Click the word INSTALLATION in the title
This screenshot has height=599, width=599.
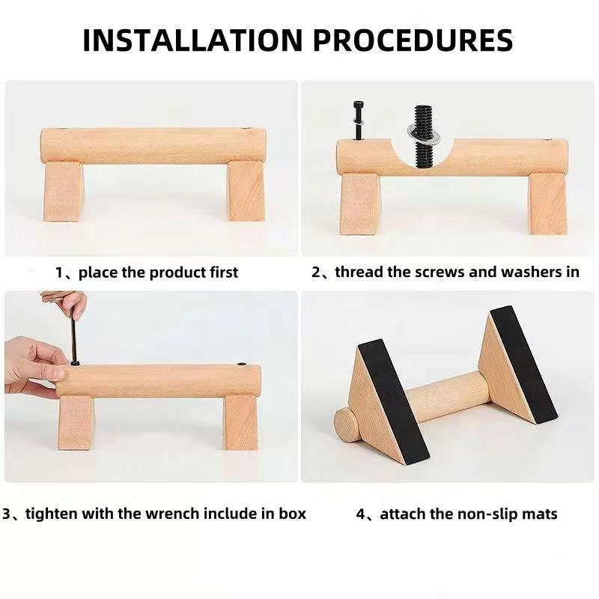click(x=192, y=40)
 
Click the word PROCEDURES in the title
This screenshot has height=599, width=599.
click(x=413, y=40)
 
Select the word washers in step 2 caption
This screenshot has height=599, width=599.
click(x=529, y=272)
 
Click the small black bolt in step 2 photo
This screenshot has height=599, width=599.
click(x=359, y=121)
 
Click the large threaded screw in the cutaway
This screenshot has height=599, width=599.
click(x=423, y=136)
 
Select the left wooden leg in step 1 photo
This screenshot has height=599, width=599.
click(x=63, y=192)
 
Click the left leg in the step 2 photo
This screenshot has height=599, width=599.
click(x=359, y=204)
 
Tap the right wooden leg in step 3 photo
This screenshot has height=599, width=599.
click(x=240, y=422)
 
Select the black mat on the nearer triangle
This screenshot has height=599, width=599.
click(x=393, y=401)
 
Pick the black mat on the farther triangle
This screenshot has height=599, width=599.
click(x=523, y=364)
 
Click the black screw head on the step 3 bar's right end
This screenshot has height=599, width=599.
click(x=242, y=365)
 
